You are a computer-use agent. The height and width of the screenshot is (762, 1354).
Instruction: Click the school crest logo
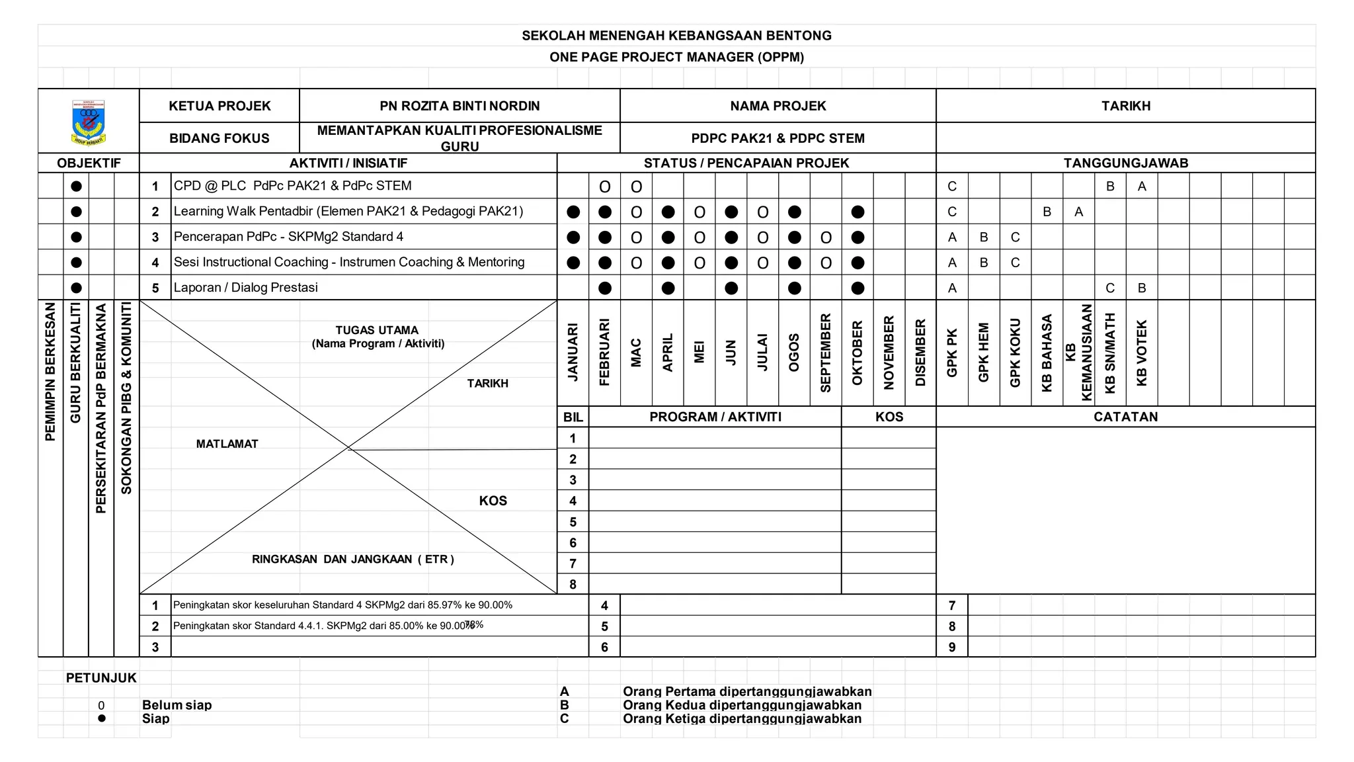click(89, 122)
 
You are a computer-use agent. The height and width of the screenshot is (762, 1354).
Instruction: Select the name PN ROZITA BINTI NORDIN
click(459, 106)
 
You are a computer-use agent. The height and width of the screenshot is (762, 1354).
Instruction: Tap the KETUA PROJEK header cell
click(219, 106)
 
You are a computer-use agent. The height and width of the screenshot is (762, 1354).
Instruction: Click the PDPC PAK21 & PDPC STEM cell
click(777, 138)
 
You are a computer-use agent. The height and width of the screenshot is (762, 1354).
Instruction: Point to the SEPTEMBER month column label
click(826, 353)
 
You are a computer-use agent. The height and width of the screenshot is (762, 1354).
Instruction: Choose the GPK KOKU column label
click(1015, 353)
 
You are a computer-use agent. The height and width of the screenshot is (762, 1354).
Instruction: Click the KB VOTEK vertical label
click(1142, 353)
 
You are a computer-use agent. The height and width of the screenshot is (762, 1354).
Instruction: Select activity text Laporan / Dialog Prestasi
click(245, 288)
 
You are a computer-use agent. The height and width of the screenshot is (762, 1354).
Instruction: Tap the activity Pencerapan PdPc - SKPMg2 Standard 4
click(288, 237)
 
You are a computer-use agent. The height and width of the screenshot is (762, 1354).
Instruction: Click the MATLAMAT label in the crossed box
click(227, 444)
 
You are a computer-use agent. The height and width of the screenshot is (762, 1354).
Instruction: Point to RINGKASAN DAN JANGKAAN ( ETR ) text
click(352, 560)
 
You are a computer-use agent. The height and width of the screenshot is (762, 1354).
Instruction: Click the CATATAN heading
click(1125, 417)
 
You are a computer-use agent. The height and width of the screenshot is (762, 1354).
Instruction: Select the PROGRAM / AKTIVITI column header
click(715, 417)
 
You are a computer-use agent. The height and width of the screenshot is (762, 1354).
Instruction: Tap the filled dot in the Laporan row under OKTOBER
click(857, 288)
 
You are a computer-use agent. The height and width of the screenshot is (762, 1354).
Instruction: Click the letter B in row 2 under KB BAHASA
click(1047, 212)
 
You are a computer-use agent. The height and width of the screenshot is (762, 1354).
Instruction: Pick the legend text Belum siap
click(177, 705)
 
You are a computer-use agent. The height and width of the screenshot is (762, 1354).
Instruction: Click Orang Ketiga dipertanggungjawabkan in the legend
click(742, 719)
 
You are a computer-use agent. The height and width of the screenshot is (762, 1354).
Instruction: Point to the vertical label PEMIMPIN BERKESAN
click(50, 372)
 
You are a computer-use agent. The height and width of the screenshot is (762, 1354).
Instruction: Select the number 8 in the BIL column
click(573, 584)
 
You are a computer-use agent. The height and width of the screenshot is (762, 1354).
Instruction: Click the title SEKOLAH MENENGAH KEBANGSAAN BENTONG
click(676, 36)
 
